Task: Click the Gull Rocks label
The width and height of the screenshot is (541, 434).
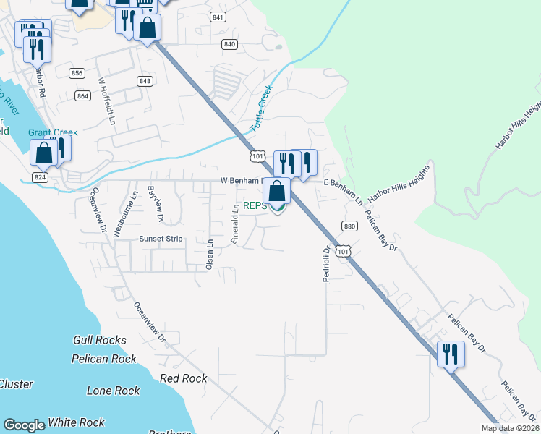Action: coord(100,340)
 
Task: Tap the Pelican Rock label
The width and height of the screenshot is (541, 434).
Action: coord(104,359)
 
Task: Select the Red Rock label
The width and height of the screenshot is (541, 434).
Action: coord(183,378)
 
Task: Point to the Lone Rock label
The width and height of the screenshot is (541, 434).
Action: coord(113,391)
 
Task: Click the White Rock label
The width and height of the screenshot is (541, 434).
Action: coord(77,422)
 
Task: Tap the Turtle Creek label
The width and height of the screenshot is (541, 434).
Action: coord(261,108)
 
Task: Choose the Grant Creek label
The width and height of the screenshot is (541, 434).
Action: coord(53,132)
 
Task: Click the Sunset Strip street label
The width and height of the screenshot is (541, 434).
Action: coord(161,239)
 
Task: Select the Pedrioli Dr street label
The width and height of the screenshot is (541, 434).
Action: coord(326,263)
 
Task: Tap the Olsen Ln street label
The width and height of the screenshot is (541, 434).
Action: coord(210,255)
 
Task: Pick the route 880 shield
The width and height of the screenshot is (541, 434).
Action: coord(350,226)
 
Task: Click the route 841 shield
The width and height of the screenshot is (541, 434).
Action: coord(218,16)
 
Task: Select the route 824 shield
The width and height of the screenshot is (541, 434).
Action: coord(40,177)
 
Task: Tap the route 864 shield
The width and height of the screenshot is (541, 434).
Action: coord(83,95)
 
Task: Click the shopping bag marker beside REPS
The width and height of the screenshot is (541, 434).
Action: coord(276,192)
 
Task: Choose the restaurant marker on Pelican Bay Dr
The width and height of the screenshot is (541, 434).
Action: coord(450,354)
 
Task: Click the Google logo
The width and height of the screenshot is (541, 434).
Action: coord(24,425)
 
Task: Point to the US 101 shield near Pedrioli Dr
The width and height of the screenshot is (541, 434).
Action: coord(344,251)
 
